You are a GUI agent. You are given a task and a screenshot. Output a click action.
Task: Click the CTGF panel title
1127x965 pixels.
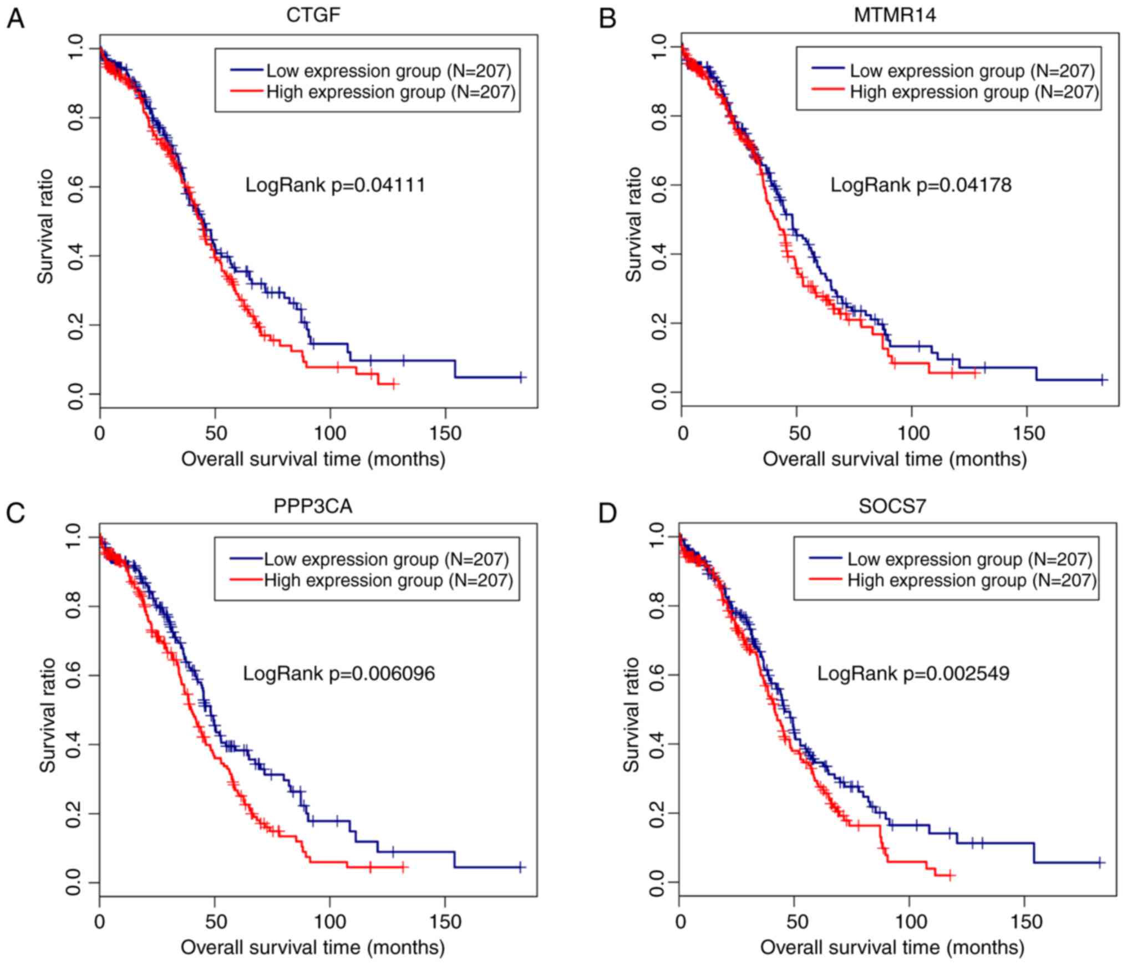pos(313,15)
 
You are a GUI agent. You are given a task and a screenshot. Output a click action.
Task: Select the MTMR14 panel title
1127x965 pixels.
pos(895,15)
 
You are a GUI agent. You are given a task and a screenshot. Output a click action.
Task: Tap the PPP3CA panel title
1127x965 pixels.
pos(313,506)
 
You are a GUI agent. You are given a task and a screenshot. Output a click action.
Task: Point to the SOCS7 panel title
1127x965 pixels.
pos(892,506)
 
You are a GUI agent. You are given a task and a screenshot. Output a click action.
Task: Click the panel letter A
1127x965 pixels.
pos(15,19)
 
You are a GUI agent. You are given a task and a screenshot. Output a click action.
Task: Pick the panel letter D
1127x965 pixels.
pos(608,513)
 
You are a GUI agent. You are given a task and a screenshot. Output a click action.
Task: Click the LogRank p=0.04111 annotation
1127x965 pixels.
pos(336,185)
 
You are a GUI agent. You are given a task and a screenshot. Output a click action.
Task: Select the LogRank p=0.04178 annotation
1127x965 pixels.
pos(921,185)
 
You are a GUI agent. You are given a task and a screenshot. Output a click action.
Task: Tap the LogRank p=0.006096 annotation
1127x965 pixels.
pos(339,673)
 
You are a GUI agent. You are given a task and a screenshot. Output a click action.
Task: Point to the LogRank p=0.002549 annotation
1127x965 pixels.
pos(913,673)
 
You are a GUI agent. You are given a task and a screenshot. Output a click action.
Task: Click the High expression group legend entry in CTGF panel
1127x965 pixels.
pos(390,91)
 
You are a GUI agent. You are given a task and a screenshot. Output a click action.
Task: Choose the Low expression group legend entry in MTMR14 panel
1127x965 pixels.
pos(972,71)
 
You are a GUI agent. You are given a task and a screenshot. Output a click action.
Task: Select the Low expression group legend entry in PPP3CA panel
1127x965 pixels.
pos(386,559)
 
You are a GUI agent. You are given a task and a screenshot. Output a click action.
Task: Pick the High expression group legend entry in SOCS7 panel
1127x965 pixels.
pos(972,580)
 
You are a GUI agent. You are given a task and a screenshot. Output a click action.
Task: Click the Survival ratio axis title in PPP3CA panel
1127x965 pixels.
pos(48,715)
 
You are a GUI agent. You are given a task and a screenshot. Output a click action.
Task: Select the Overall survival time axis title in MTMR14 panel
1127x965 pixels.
pos(894,459)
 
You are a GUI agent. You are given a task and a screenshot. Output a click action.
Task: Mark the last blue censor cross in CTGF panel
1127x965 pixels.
pos(520,377)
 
